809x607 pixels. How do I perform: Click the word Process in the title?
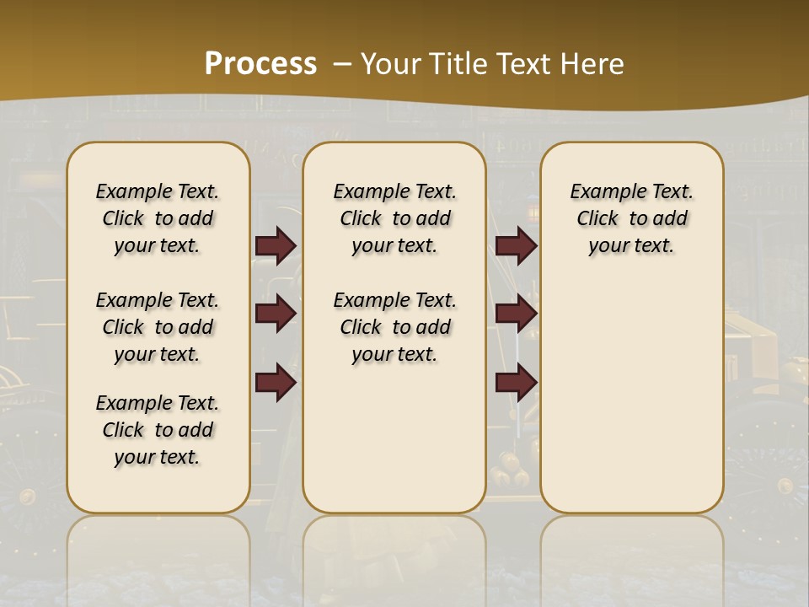(x=260, y=63)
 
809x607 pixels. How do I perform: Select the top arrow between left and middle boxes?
(x=276, y=245)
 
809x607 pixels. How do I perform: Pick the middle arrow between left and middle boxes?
(x=276, y=314)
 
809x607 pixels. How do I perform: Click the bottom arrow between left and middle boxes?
(x=276, y=383)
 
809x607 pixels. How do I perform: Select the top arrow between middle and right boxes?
(x=516, y=245)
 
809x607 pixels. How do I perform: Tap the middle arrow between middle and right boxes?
(x=516, y=314)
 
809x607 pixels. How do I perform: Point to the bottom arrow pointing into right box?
(x=516, y=383)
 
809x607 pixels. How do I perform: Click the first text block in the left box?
(x=158, y=218)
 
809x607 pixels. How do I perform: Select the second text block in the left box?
(x=158, y=327)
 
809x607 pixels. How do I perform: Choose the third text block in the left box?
(x=158, y=430)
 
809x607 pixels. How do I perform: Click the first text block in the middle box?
(x=394, y=218)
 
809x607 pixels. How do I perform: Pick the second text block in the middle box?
(x=394, y=327)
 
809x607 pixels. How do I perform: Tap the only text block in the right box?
(x=631, y=218)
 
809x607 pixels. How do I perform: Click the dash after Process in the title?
(x=341, y=63)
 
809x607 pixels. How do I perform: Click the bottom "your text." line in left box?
(x=158, y=457)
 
